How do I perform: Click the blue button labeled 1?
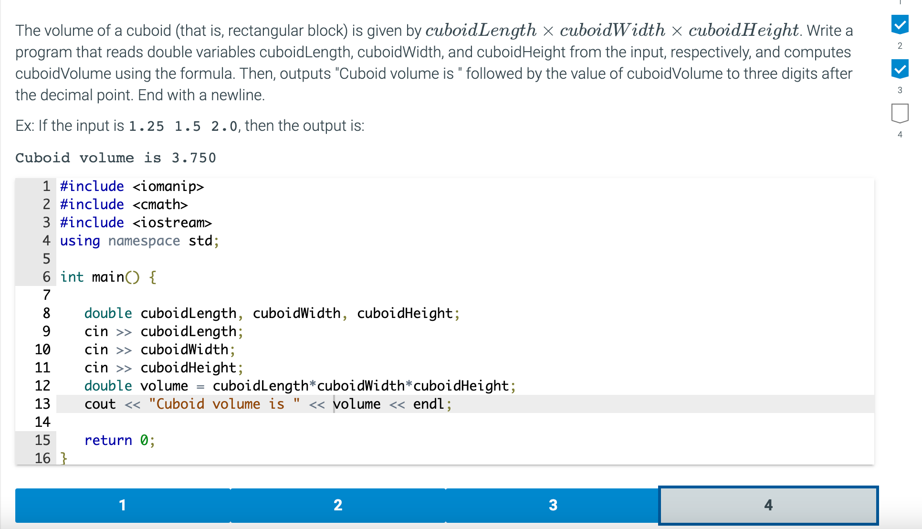(x=123, y=505)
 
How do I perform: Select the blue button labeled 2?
(x=338, y=505)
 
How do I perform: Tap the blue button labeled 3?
(x=553, y=505)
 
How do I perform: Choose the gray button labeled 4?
(x=768, y=505)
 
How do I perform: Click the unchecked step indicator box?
(x=900, y=113)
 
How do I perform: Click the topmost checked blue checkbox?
(x=900, y=24)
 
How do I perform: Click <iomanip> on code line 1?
(x=168, y=186)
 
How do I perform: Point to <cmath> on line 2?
(x=160, y=204)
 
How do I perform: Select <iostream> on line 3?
(x=172, y=222)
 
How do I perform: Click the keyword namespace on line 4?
(x=144, y=241)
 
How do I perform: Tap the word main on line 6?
(x=108, y=277)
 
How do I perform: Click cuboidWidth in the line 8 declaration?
(x=296, y=313)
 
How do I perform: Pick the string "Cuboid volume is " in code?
(x=224, y=404)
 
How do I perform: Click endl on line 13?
(x=429, y=404)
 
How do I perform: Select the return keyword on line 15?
(x=108, y=440)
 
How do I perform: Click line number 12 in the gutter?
(x=42, y=386)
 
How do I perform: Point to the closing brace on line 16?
(x=64, y=458)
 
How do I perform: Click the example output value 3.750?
(x=194, y=158)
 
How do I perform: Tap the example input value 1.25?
(x=146, y=127)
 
